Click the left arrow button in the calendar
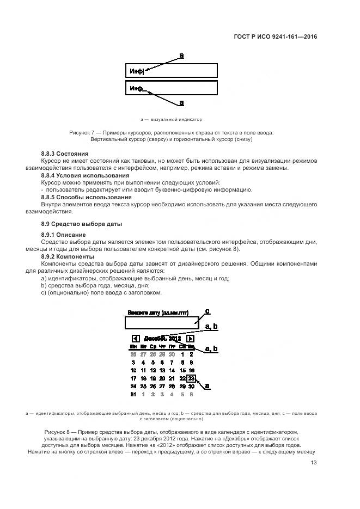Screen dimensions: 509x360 pos(136,338)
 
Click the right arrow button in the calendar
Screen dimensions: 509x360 pos(191,338)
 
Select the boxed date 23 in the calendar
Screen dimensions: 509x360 pos(191,378)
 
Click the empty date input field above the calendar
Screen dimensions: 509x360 pos(163,322)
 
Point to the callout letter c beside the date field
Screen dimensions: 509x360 pos(207,311)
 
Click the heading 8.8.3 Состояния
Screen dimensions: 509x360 pos(64,154)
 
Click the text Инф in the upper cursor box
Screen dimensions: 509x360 pos(136,71)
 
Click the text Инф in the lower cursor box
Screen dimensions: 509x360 pos(136,88)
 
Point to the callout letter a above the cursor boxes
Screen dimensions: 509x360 pos(181,55)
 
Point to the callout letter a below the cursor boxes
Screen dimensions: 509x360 pos(181,102)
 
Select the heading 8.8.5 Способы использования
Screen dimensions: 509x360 pos(86,197)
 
